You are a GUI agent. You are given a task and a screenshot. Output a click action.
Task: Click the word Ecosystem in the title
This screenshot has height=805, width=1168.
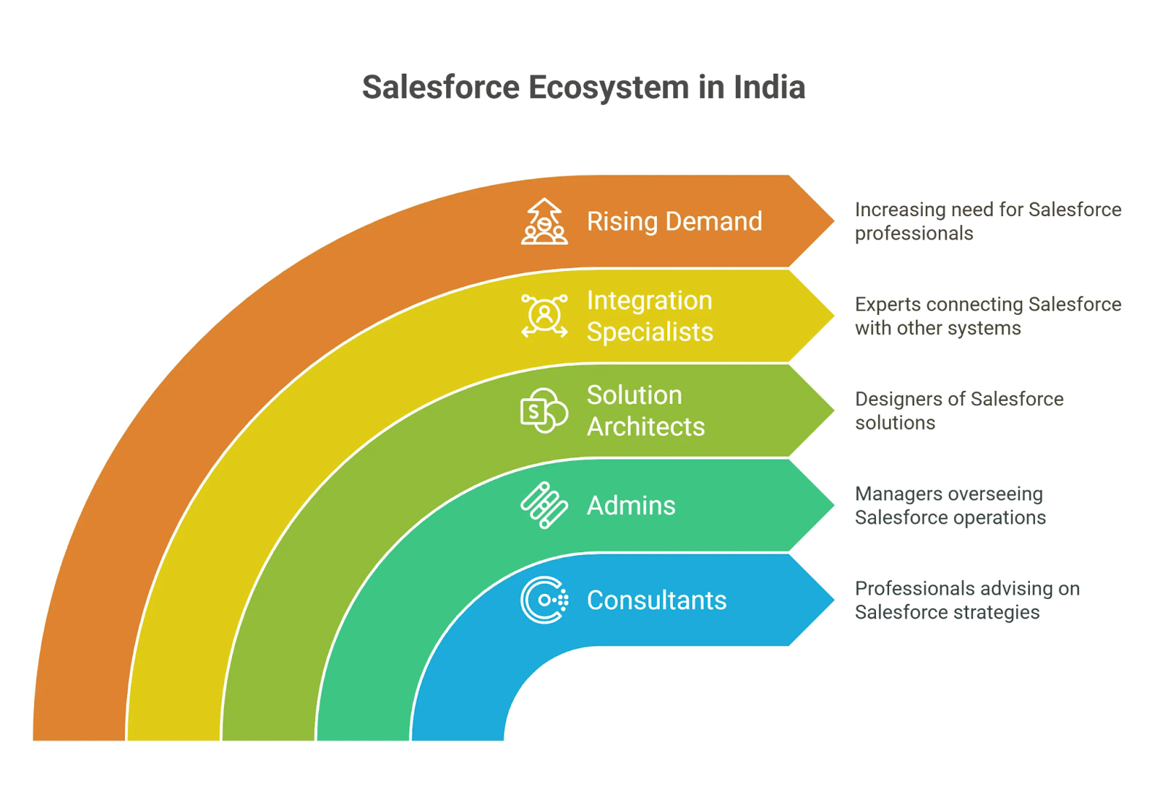coord(609,88)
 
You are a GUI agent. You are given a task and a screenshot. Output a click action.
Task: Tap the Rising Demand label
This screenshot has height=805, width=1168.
coord(674,221)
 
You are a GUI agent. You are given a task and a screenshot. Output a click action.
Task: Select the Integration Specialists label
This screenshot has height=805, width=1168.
coord(650,316)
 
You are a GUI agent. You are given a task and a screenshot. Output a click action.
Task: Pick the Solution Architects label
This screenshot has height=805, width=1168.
coord(645,411)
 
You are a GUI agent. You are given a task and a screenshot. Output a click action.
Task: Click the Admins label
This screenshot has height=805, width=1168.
coord(631,505)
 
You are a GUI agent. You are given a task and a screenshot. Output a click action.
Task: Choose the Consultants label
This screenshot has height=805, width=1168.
coord(656,600)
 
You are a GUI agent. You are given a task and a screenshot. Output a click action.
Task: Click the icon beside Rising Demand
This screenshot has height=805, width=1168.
coord(544,221)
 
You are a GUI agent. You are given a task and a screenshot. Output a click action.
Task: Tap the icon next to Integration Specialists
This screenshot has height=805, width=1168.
coord(544,316)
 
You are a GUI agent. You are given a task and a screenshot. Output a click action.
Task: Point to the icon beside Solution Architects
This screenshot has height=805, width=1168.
coord(544,411)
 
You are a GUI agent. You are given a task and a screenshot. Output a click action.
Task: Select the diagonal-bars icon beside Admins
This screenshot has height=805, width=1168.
coord(544,505)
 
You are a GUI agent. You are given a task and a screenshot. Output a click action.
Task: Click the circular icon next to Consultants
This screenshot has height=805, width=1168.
coord(544,600)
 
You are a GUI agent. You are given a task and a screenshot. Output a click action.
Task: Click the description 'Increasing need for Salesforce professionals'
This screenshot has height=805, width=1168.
coord(987,221)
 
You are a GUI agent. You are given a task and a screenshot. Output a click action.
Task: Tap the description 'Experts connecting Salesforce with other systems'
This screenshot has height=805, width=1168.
coord(987,316)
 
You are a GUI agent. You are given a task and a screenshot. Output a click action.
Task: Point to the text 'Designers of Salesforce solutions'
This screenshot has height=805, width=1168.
coord(958,411)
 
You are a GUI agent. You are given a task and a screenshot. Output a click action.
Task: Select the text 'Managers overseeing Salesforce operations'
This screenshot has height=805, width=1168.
coord(950,505)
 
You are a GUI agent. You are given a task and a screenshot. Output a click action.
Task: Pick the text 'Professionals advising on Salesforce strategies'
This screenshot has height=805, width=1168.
coord(967,600)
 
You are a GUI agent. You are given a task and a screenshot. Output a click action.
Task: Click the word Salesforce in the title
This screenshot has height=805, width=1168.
coord(440,88)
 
